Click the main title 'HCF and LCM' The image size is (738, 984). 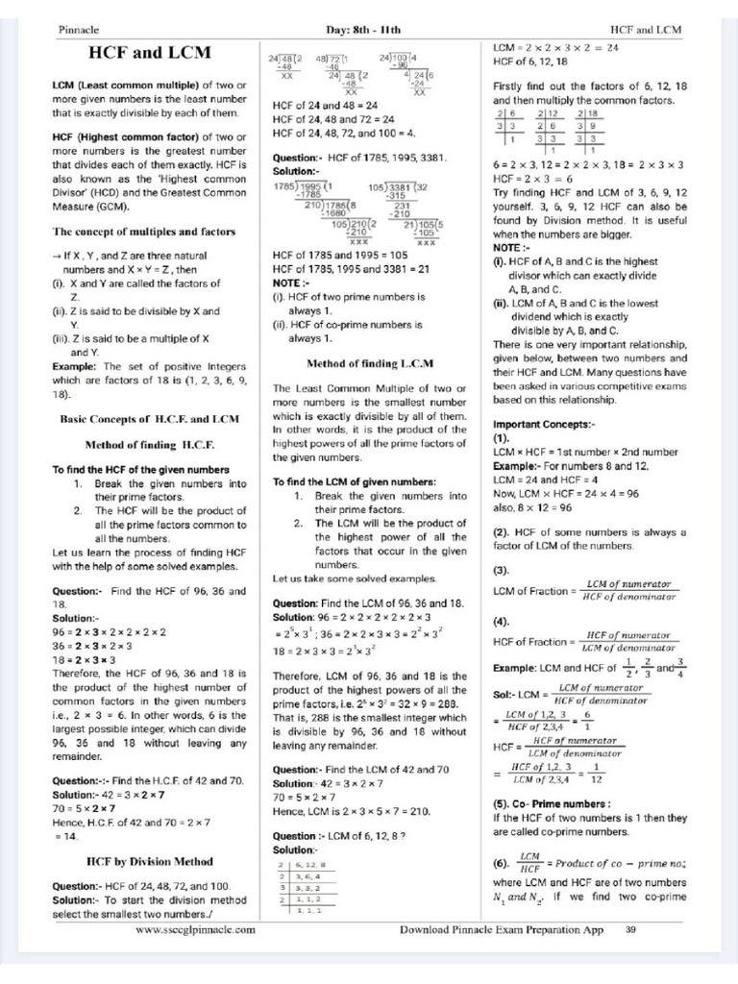tap(150, 52)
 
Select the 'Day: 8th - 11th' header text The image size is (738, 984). tap(369, 30)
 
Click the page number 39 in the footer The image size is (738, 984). tap(630, 929)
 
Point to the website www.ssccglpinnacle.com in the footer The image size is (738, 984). tap(195, 929)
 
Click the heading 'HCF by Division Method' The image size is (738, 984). tap(150, 861)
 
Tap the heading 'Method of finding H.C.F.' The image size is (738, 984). tap(150, 445)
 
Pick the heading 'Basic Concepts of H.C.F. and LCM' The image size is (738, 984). tap(150, 419)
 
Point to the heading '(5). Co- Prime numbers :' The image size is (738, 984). tap(552, 803)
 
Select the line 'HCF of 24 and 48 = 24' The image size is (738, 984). tap(325, 105)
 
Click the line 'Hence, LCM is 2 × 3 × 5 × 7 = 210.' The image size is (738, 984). tap(352, 811)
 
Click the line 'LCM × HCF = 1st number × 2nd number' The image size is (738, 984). tap(585, 452)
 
